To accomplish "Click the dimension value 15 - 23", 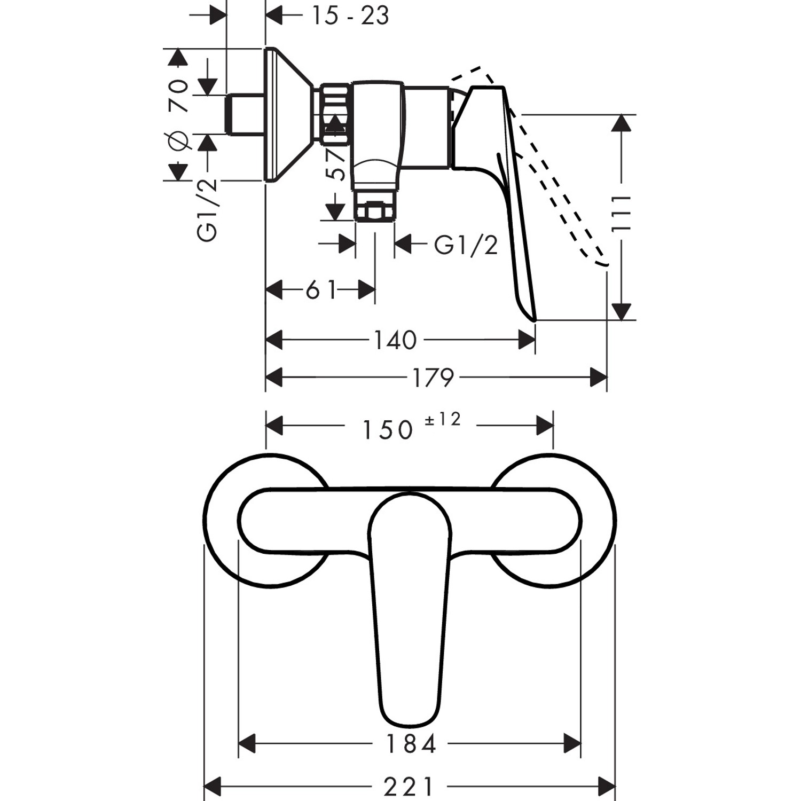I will click(x=350, y=15).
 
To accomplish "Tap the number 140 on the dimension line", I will click(x=395, y=340).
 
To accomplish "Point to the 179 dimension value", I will click(x=433, y=378).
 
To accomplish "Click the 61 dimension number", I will click(x=321, y=290).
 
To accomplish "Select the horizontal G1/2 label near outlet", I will click(x=466, y=246).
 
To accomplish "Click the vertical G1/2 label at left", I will click(x=208, y=210).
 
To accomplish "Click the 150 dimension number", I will click(x=388, y=429).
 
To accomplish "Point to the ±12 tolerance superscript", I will click(x=442, y=420).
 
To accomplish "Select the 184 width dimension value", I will click(x=410, y=744).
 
